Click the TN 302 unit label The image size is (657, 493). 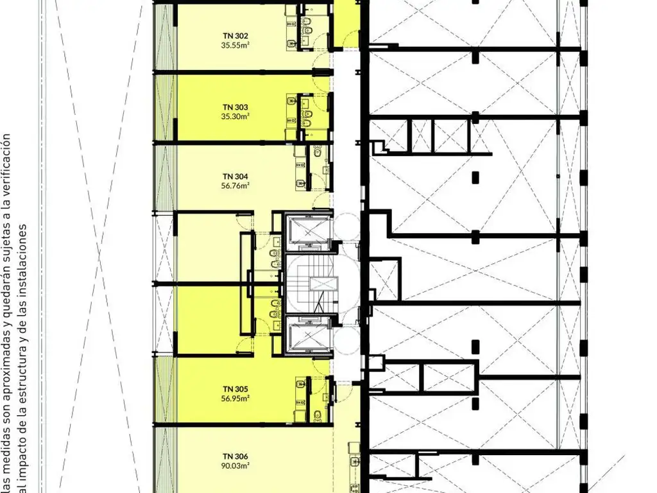coord(235,36)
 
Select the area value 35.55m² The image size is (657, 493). coord(235,46)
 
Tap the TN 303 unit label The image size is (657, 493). coord(235,107)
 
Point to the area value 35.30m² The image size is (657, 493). coord(235,117)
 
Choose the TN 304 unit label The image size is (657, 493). coord(235,177)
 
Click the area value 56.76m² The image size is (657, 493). coord(235,186)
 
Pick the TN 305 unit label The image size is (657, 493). coord(235,389)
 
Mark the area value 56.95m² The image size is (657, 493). coord(235,398)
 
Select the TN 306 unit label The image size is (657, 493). coord(235,456)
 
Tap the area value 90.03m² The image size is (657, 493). coord(235,465)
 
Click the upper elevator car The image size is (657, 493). coord(309,231)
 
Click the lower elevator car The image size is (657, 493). coord(309,334)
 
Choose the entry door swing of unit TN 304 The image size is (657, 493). coord(323,200)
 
